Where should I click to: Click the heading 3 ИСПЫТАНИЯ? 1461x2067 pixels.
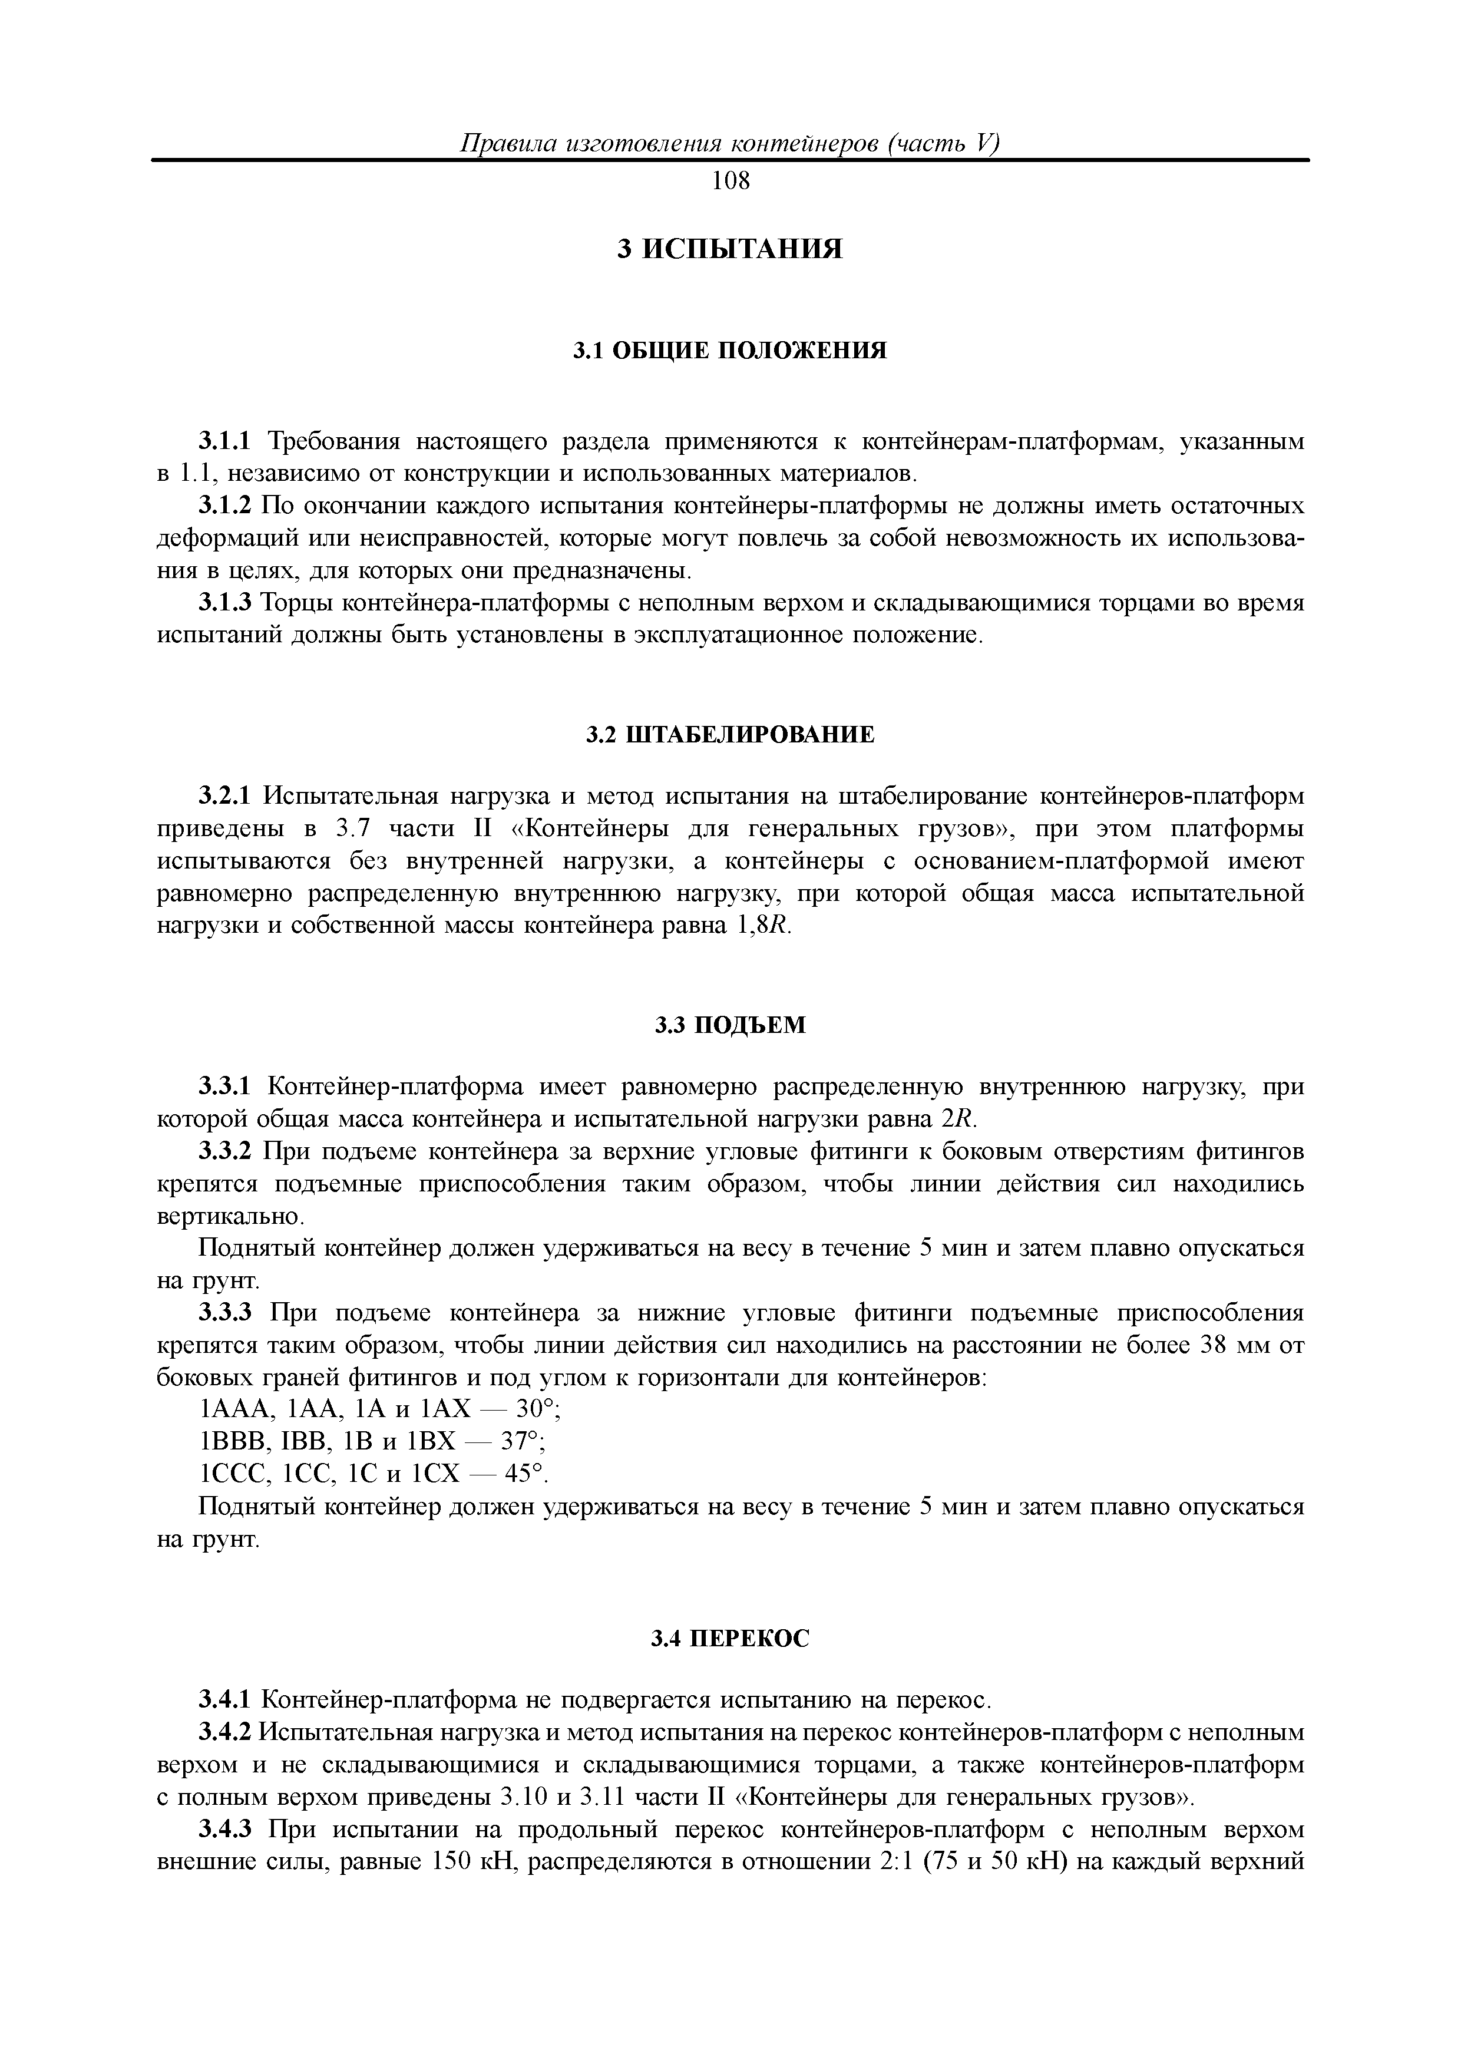730,249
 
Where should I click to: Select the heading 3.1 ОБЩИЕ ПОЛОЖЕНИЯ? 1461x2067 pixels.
730,350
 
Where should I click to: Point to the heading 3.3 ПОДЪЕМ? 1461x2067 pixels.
730,1025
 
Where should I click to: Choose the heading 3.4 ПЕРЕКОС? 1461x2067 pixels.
730,1639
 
